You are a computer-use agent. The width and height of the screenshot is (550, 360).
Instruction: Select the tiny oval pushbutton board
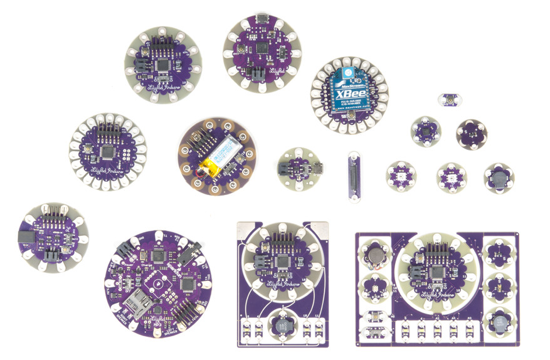coord(449,99)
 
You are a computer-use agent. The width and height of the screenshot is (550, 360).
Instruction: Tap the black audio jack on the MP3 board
coord(186,255)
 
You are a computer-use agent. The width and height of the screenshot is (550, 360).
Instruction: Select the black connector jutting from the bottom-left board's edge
coord(26,237)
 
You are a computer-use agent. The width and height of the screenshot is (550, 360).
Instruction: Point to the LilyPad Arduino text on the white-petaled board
coord(108,170)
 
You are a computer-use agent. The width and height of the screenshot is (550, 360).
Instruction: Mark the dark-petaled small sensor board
coord(471,132)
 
